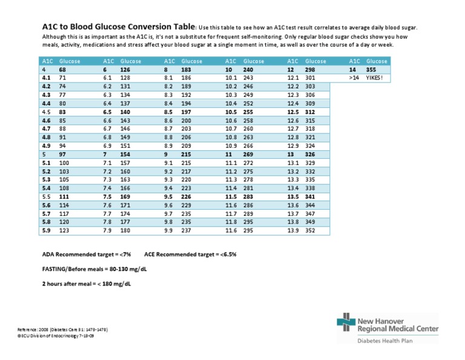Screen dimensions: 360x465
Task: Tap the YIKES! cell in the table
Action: click(375, 78)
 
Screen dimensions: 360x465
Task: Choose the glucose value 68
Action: click(62, 70)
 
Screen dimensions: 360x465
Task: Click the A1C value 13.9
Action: click(293, 230)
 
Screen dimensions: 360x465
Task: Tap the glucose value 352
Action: click(311, 230)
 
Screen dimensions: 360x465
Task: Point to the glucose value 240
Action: click(248, 70)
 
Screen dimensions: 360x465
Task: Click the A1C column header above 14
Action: click(354, 61)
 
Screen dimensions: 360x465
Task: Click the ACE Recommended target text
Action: click(191, 255)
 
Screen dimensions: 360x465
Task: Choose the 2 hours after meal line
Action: click(87, 284)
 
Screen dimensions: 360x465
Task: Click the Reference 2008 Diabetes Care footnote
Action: click(63, 329)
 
